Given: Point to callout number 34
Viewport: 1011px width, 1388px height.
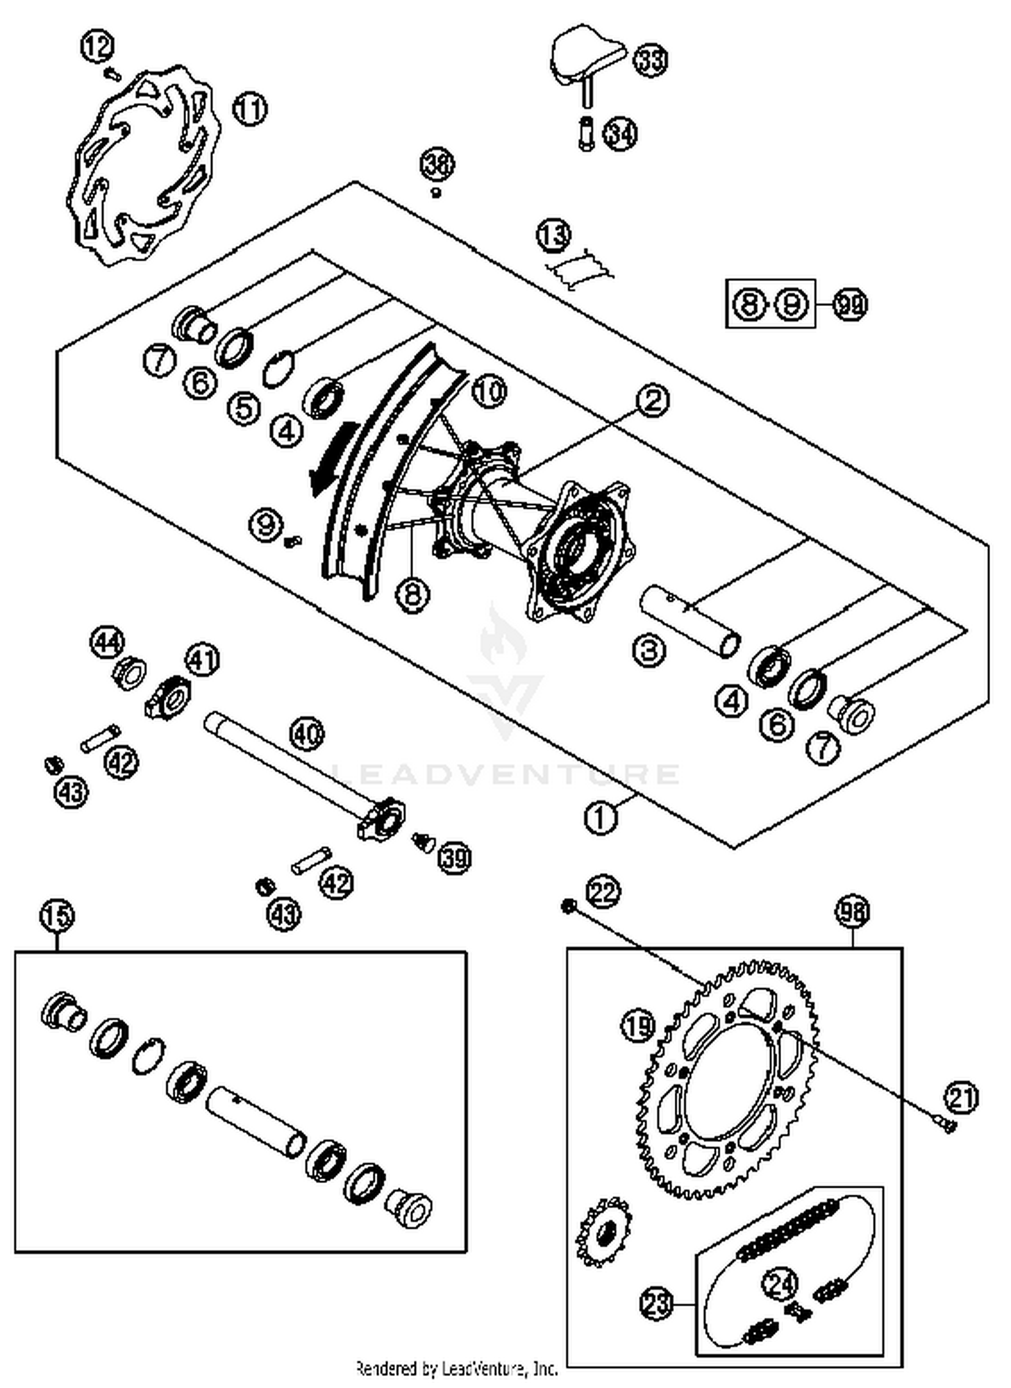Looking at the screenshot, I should (x=619, y=133).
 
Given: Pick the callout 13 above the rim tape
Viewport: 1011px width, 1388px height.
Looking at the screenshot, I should (x=553, y=235).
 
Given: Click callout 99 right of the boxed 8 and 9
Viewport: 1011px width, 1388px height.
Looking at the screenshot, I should (x=851, y=305).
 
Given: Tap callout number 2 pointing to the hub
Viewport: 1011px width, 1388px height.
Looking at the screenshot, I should (x=652, y=400).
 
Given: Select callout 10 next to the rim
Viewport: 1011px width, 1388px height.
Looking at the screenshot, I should (x=489, y=390).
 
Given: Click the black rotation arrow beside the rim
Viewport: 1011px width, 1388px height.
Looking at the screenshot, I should (x=330, y=458).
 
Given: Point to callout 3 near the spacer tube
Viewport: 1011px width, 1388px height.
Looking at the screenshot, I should (x=649, y=651).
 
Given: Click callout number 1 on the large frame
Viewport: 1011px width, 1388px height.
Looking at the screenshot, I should (x=601, y=818).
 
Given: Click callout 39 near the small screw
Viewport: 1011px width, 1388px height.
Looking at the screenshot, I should (x=455, y=858).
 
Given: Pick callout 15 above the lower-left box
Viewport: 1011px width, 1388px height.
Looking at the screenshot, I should (x=57, y=916).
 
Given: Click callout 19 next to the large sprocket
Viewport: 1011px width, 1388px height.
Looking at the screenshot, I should (x=638, y=1027).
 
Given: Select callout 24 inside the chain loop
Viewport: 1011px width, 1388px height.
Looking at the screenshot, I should (x=781, y=1284).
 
